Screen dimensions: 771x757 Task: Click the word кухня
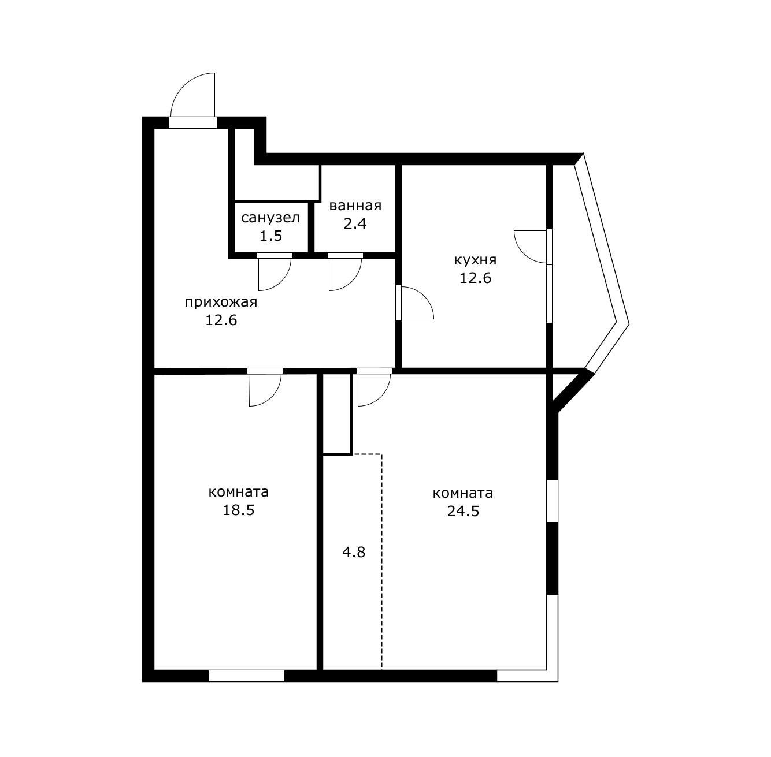click(x=475, y=260)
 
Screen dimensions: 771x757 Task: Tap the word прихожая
click(x=221, y=303)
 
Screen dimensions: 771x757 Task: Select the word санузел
click(x=270, y=218)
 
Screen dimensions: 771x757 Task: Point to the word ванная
click(x=355, y=206)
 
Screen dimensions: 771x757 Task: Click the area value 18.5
click(x=239, y=510)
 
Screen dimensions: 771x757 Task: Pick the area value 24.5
click(x=463, y=512)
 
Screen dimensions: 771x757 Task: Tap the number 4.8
click(x=354, y=552)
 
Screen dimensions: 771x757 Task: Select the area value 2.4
click(x=355, y=223)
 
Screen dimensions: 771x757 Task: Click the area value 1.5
click(x=271, y=236)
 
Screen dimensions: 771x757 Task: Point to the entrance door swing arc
click(x=184, y=86)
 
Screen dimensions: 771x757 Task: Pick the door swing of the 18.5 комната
click(x=272, y=397)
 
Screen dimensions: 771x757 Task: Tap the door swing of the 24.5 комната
click(x=381, y=397)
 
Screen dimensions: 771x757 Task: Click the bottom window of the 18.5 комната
click(x=246, y=676)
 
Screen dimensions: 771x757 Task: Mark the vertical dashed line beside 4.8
click(x=381, y=562)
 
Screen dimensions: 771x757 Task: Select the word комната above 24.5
click(x=463, y=493)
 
